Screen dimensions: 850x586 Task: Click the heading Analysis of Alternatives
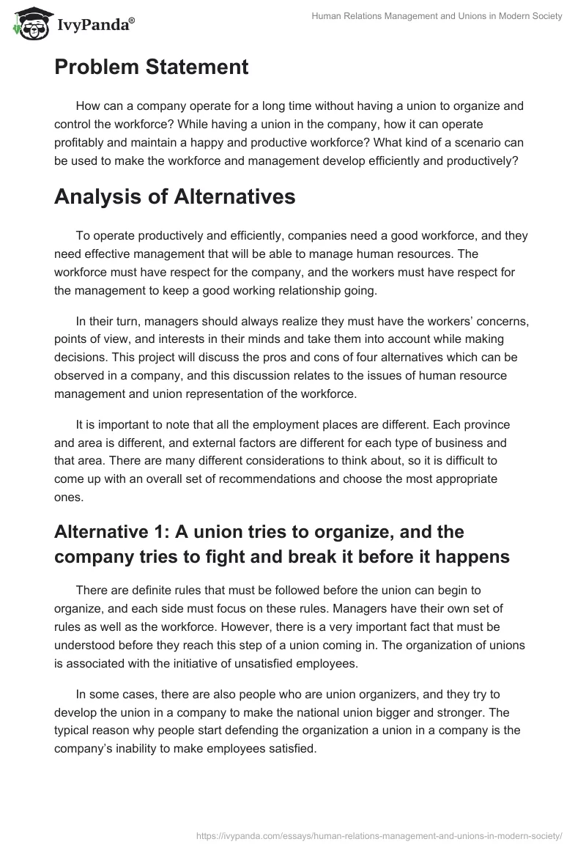point(176,196)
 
